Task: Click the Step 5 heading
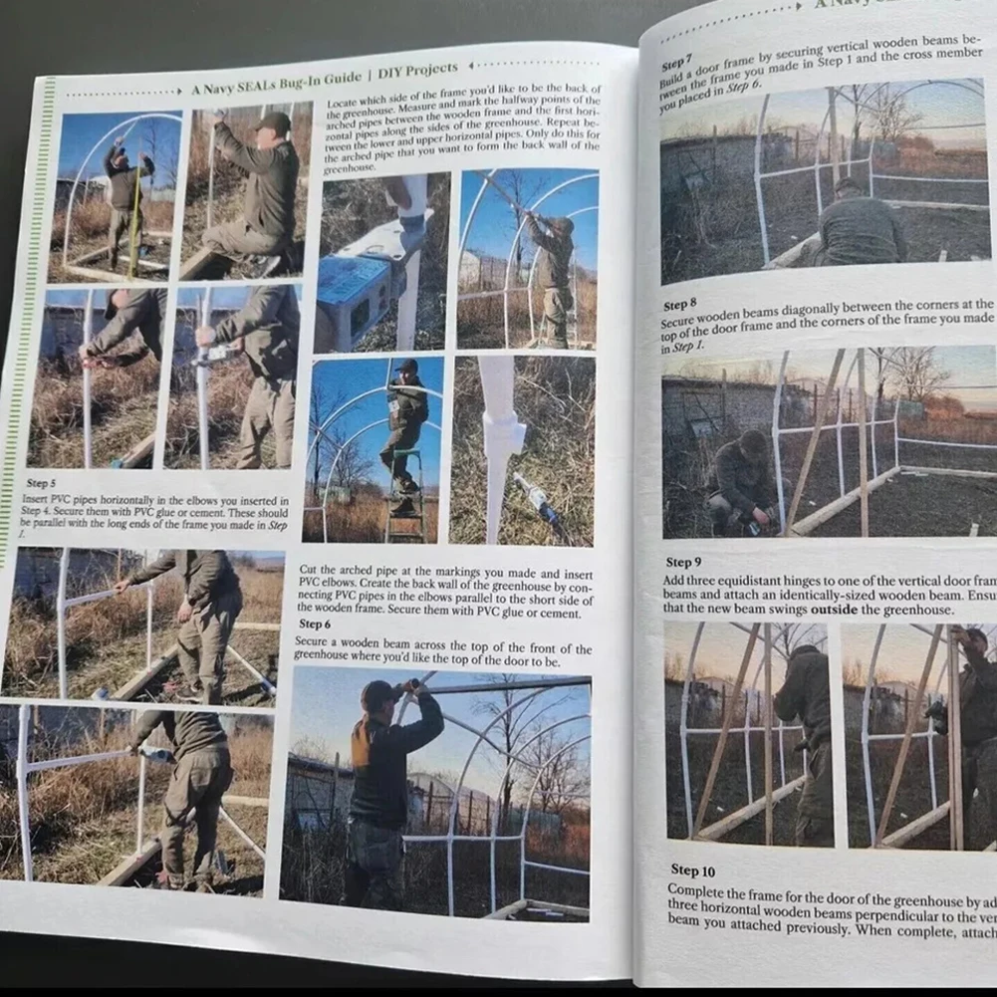41,483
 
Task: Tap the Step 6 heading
315,623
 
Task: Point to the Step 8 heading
680,305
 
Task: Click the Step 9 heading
683,563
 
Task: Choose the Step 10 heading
692,871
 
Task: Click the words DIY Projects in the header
418,70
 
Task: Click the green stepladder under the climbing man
404,503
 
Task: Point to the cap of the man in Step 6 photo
379,688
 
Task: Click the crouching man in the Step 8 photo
742,478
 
